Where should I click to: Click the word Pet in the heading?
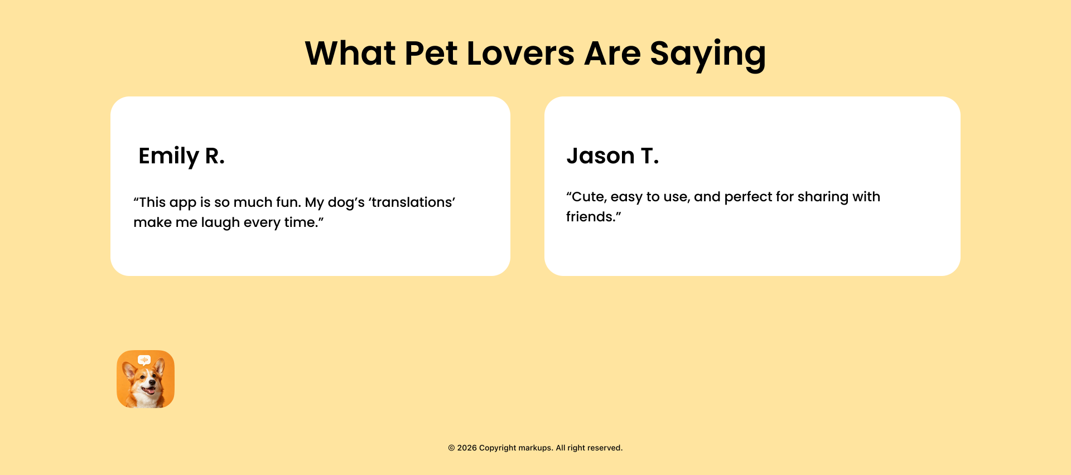click(431, 54)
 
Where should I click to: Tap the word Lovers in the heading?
click(520, 54)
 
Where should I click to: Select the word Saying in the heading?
click(708, 55)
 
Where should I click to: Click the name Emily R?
click(181, 156)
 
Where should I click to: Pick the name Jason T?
click(612, 156)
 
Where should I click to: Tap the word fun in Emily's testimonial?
click(288, 202)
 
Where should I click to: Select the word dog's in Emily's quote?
click(346, 203)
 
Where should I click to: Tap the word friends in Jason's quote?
click(590, 216)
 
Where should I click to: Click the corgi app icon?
click(146, 379)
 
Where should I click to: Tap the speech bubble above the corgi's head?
click(144, 360)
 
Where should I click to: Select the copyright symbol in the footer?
click(451, 448)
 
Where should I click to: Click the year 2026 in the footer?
click(467, 448)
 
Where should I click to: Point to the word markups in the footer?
click(536, 448)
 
